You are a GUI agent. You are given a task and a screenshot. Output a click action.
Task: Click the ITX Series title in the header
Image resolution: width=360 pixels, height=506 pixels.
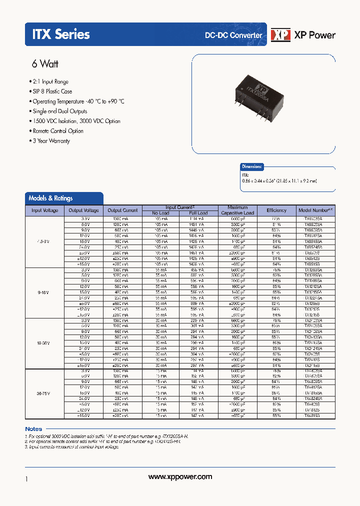[61, 34]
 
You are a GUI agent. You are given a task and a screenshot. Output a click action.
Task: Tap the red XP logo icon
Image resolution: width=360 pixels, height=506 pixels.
[280, 34]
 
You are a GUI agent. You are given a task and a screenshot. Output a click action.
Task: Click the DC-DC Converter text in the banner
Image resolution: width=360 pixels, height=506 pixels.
[233, 35]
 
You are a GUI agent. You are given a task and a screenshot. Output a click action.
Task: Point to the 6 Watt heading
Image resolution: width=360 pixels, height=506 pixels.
[45, 64]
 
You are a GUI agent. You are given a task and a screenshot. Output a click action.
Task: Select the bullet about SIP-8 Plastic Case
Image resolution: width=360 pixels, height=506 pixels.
[52, 91]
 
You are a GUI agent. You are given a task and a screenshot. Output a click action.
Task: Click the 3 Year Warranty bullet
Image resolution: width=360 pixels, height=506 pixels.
[51, 141]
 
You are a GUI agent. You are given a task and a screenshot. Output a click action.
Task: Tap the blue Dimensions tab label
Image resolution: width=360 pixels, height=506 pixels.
[251, 166]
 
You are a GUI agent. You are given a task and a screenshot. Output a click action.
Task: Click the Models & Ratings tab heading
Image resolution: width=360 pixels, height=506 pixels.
[50, 198]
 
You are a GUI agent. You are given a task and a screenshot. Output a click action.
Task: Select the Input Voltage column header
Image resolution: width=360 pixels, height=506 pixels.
[45, 210]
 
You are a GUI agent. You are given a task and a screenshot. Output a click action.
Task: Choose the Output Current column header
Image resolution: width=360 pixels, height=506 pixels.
[122, 210]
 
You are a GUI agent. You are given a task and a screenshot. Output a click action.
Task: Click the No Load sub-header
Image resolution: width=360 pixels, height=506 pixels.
[161, 213]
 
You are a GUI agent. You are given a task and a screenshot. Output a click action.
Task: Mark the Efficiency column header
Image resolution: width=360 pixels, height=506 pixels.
[276, 210]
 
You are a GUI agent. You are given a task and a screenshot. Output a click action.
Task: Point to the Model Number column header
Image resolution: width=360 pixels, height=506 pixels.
[315, 210]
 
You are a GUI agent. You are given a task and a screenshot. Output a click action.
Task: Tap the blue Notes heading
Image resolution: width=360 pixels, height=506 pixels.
[33, 429]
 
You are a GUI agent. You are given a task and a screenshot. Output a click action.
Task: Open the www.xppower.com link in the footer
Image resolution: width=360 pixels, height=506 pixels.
[180, 476]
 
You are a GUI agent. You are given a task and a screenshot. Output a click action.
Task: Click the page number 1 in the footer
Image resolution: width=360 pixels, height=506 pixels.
[26, 479]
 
